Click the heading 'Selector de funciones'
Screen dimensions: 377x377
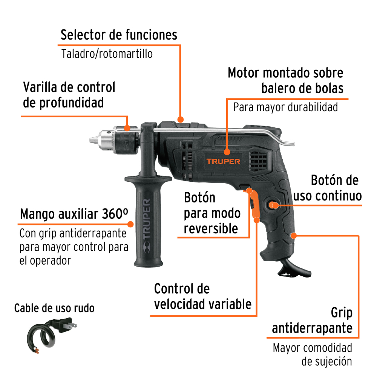pyautogui.click(x=119, y=35)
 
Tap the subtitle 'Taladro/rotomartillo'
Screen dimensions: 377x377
pyautogui.click(x=107, y=54)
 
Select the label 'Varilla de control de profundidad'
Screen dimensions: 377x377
pyautogui.click(x=69, y=95)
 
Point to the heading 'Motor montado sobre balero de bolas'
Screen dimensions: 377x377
pyautogui.click(x=285, y=80)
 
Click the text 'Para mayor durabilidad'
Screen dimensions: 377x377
pyautogui.click(x=285, y=107)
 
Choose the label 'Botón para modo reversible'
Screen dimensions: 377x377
pyautogui.click(x=212, y=213)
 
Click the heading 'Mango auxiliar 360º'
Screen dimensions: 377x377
pyautogui.click(x=74, y=214)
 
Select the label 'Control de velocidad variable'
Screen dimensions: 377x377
pyautogui.click(x=202, y=296)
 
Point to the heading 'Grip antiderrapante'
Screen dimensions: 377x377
pyautogui.click(x=312, y=320)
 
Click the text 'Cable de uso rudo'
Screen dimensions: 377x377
pyautogui.click(x=54, y=308)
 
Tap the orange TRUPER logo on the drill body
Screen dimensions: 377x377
pyautogui.click(x=223, y=161)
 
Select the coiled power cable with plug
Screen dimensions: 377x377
pyautogui.click(x=49, y=334)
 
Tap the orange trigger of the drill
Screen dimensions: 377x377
pyautogui.click(x=254, y=205)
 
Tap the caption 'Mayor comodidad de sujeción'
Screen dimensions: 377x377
pyautogui.click(x=312, y=354)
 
